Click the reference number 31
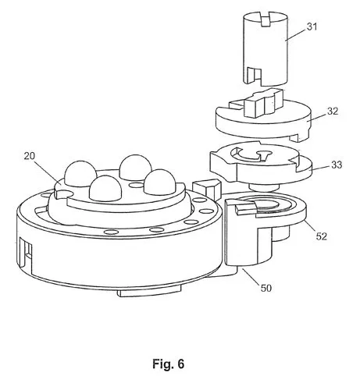[x=312, y=27]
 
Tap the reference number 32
[x=333, y=111]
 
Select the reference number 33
[x=337, y=165]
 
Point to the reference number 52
[x=321, y=236]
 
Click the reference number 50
[x=266, y=288]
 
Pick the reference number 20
[x=30, y=156]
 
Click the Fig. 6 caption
[x=168, y=363]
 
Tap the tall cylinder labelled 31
[x=266, y=49]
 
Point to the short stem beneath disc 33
[x=263, y=187]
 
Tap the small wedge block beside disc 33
[x=207, y=189]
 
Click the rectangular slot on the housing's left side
[x=27, y=252]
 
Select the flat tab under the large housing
[x=149, y=292]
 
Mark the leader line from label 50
[x=251, y=277]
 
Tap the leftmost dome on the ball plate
[x=80, y=173]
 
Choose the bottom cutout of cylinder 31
[x=254, y=75]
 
